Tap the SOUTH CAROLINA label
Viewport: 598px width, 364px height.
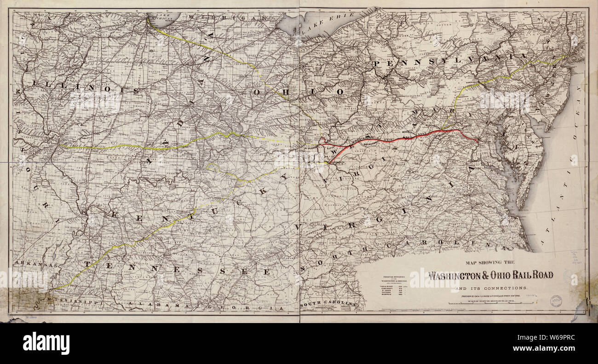tap(328, 305)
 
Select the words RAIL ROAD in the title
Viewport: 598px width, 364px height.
tap(529, 276)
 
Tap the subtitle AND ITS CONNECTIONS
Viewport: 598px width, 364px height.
tap(491, 288)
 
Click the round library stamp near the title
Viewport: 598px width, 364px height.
tap(556, 300)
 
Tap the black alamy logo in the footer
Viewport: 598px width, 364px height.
tap(46, 343)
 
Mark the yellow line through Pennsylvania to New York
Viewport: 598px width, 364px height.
tap(511, 74)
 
